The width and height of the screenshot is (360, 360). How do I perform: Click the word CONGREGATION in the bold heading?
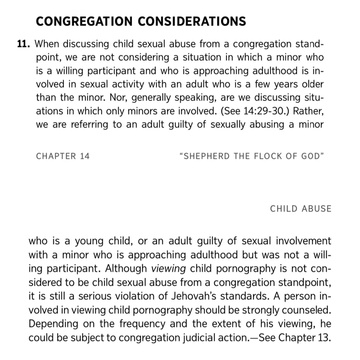[x=84, y=21]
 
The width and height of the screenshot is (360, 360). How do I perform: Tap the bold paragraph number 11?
[x=24, y=44]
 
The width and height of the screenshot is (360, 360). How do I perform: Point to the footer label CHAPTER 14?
[x=63, y=156]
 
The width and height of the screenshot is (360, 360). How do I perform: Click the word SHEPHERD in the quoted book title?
[x=207, y=156]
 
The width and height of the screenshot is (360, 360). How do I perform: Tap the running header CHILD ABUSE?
[x=301, y=209]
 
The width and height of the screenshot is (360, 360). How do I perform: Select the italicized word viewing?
[x=169, y=269]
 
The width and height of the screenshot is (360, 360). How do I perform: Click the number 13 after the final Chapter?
[x=324, y=337]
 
